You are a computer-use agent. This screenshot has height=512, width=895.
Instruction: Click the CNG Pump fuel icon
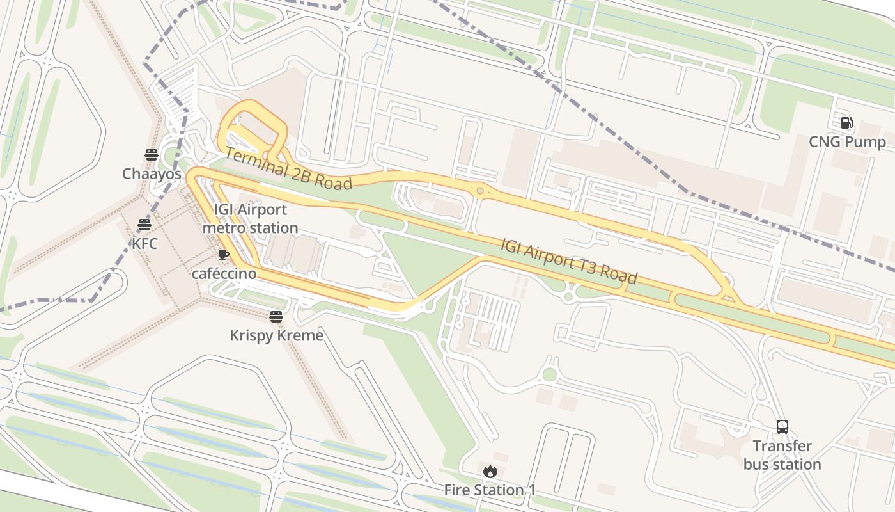847,123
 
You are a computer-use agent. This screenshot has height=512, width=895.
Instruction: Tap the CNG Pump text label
847,142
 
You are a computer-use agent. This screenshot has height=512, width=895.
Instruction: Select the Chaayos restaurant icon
152,154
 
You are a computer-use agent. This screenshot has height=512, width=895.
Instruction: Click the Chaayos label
152,173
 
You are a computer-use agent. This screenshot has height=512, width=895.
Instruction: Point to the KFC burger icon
144,225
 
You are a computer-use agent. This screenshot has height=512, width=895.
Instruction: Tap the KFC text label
144,243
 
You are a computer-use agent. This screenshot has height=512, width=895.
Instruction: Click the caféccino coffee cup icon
223,255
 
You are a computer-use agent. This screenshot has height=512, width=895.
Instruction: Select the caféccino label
224,274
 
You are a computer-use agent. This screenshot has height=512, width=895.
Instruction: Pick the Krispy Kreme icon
276,317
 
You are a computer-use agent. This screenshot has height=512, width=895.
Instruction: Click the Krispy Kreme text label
276,335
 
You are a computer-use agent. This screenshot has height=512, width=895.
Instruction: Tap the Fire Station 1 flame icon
490,472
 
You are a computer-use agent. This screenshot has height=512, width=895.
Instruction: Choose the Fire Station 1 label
490,490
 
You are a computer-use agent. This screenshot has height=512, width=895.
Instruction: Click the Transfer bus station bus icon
782,427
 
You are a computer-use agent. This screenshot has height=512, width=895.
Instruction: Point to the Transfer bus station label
782,455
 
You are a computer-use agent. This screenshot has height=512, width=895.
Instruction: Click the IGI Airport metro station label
250,219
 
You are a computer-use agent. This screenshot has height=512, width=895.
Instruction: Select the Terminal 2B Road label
288,169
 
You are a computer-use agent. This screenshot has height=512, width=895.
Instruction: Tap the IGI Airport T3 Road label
569,261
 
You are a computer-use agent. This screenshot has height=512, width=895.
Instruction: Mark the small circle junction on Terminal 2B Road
479,190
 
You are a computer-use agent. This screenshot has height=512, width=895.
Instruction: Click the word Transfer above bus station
782,446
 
